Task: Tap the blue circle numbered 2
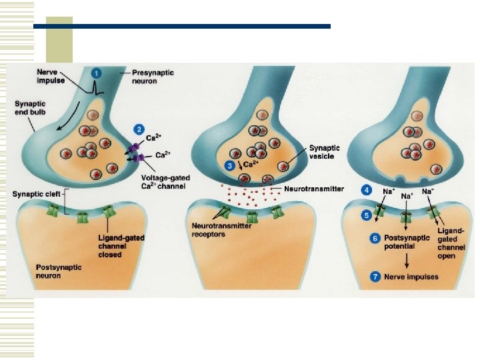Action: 139,128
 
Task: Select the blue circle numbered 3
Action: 229,164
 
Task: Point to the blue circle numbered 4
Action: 367,190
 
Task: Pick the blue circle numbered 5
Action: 367,215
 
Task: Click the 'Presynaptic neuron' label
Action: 145,77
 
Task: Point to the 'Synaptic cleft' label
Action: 32,195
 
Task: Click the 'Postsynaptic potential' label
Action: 403,242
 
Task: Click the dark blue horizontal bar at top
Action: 181,26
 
